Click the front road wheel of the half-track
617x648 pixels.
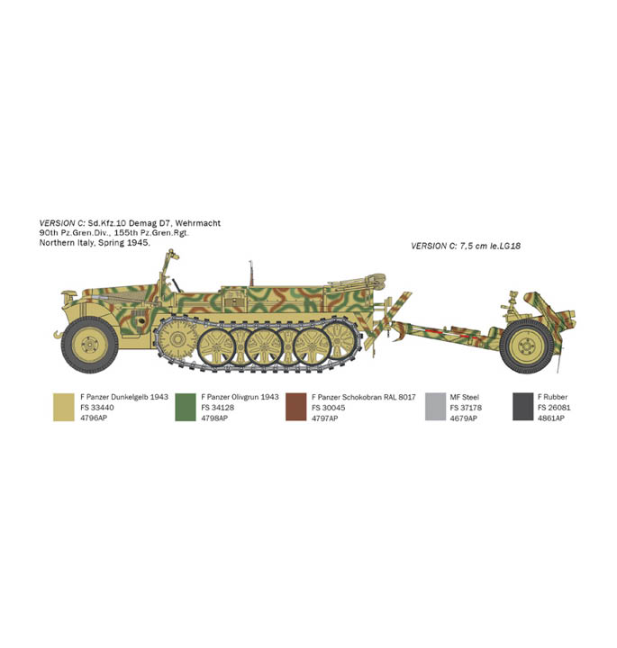pos(90,344)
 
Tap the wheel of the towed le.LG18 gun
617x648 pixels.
pos(526,346)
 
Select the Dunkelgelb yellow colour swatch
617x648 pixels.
pos(64,407)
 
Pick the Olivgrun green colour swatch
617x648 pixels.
pos(186,407)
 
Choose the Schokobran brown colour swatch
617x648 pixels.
pos(296,407)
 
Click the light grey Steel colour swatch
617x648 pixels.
pos(435,407)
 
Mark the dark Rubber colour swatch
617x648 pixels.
pos(523,407)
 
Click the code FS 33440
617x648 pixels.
pos(97,408)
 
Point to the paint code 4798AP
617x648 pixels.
pos(214,418)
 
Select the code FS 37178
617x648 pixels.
pos(466,408)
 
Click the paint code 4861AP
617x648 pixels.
pos(551,418)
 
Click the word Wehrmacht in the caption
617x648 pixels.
pos(197,223)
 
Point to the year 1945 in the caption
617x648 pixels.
pos(138,243)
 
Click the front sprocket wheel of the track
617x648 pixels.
pos(177,339)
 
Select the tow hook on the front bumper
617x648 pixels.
pos(59,334)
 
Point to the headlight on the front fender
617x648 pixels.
pos(69,294)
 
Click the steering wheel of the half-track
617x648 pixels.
pos(177,285)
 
